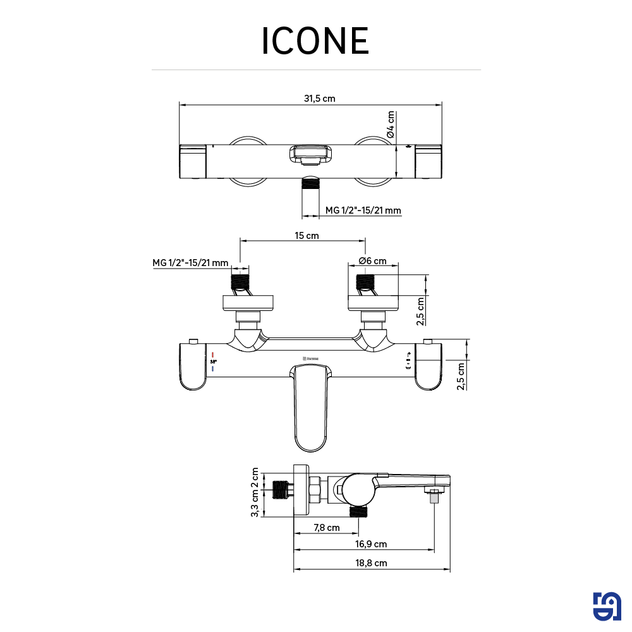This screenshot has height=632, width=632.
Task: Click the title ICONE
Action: coord(315,42)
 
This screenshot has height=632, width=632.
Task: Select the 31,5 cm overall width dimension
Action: coord(319,98)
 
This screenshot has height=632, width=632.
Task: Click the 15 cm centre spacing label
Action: coord(307,236)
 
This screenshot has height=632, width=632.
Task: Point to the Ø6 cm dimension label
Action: coord(372,261)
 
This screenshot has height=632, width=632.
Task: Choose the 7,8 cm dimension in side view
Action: coord(326,528)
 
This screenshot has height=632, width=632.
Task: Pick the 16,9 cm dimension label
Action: coord(372,544)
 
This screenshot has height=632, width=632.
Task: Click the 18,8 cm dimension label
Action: coord(372,562)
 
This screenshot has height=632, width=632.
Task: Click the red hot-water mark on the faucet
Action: coord(214,354)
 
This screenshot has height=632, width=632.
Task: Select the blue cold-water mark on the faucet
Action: coord(214,368)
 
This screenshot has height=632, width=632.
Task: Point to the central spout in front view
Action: coord(311,408)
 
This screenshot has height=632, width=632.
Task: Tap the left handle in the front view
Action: coord(194,367)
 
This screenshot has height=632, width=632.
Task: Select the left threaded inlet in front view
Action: coord(241,281)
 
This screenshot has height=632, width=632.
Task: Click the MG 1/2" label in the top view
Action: coord(363,210)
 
